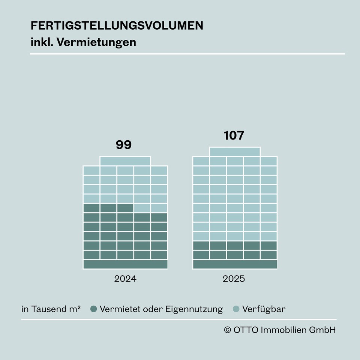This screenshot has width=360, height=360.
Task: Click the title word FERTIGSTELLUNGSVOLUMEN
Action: (117, 25)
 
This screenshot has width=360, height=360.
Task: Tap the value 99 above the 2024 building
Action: (124, 145)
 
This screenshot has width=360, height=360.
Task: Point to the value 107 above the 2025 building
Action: (234, 135)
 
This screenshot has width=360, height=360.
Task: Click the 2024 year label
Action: (125, 279)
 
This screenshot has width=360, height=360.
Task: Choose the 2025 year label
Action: (234, 279)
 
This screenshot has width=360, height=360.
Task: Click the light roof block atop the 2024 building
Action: (125, 161)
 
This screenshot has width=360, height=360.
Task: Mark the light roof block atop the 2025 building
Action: (235, 152)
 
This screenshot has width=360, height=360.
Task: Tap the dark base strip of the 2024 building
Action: (125, 264)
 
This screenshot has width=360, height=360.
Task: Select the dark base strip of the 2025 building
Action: (235, 264)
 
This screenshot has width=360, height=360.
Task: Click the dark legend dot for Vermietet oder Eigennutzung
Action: (94, 309)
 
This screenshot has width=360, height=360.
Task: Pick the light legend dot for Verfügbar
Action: (236, 309)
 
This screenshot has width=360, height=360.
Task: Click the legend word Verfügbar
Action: (264, 309)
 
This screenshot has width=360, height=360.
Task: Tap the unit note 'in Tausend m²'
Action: (51, 309)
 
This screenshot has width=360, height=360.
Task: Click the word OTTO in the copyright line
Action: (245, 330)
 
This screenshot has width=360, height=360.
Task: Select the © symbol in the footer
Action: (227, 330)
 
